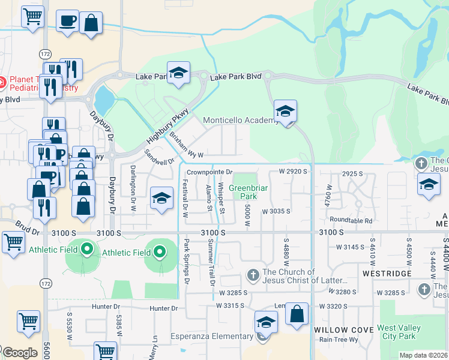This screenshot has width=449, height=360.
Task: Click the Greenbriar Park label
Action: pos(244,191)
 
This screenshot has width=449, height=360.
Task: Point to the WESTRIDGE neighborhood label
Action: pos(388,274)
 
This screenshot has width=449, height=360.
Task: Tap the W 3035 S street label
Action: pos(276,211)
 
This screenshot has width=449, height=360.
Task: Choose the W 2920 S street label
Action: pos(293,172)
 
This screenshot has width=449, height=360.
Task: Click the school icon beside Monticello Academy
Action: pos(285,110)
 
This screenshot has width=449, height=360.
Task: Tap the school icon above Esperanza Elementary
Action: pos(266,322)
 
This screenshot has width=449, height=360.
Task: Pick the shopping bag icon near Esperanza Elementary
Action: pos(297,313)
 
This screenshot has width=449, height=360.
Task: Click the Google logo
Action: pos(19,353)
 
